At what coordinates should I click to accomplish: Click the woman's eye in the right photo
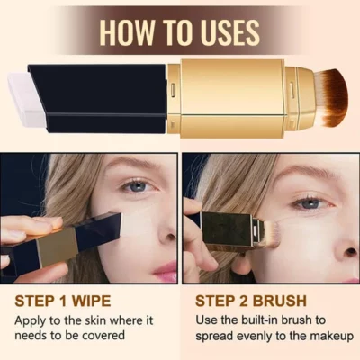click(310, 202)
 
